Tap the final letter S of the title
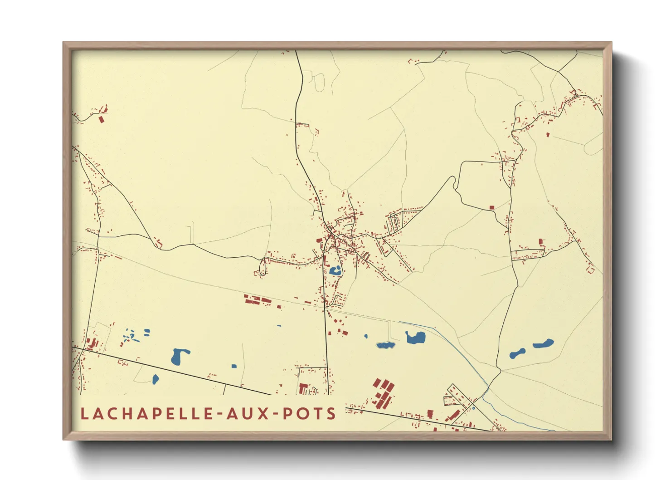tap(332, 414)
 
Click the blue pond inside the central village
tap(336, 271)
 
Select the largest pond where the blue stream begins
tap(415, 338)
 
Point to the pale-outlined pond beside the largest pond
tap(385, 345)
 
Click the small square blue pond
tap(234, 366)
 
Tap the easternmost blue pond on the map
tap(543, 343)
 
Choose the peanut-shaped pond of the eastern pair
tap(517, 353)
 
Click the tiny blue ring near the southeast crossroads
tap(473, 408)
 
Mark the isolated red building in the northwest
tap(101, 119)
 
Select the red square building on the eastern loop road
tap(491, 207)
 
